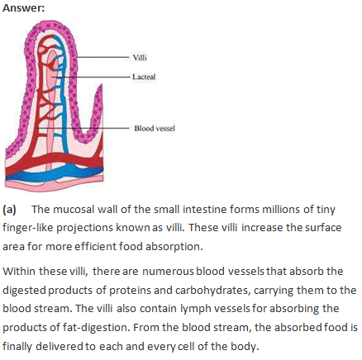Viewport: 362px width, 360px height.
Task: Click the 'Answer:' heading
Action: pyautogui.click(x=23, y=8)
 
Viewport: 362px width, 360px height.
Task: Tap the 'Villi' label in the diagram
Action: pyautogui.click(x=140, y=58)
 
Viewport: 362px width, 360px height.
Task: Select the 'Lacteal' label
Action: pyautogui.click(x=144, y=77)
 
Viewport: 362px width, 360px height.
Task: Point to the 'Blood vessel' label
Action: pyautogui.click(x=155, y=128)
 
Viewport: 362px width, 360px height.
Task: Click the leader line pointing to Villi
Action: pyautogui.click(x=102, y=57)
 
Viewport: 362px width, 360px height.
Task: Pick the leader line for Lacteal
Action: pyautogui.click(x=92, y=77)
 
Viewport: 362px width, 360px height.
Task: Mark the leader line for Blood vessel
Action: pyautogui.click(x=83, y=128)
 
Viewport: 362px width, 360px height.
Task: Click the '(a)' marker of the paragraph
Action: pyautogui.click(x=9, y=210)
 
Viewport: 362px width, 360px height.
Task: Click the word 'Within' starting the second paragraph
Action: pyautogui.click(x=19, y=272)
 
